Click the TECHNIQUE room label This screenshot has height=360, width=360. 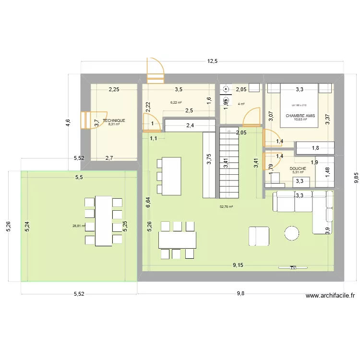pos(114,120)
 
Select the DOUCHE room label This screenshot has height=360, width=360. pos(298,168)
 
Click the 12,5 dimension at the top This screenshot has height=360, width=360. pos(212,61)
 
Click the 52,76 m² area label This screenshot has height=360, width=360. pos(226,207)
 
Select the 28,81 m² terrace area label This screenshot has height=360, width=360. pos(79,226)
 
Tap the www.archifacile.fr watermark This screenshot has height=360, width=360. pos(330,297)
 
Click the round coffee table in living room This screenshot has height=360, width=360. pos(291,233)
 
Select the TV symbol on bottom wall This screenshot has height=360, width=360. pos(293,268)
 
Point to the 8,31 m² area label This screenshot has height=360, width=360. pos(114,124)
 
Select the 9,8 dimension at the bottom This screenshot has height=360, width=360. pos(240,294)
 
